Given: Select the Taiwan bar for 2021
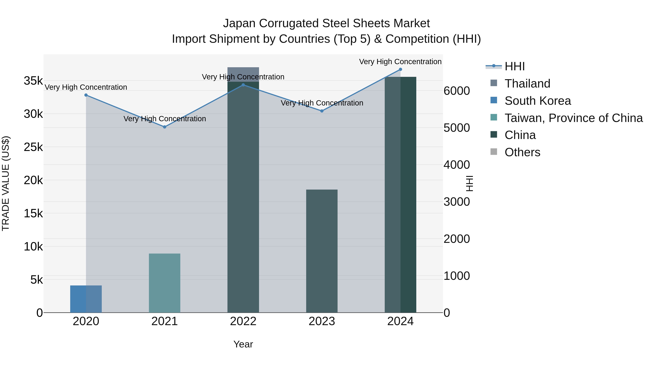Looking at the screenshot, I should click(165, 283).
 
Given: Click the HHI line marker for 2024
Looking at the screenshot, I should click(401, 69).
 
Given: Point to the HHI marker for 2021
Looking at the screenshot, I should click(165, 127).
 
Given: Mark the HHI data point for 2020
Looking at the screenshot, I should click(86, 95).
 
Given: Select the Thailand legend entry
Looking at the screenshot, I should click(527, 84).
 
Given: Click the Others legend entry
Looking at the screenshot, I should click(522, 152).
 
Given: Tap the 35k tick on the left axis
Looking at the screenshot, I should click(33, 81).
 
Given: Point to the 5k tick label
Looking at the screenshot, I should click(36, 280).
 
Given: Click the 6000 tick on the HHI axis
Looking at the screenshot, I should click(457, 91).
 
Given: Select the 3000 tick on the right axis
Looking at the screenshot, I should click(457, 202).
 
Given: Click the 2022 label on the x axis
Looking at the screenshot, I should click(243, 321).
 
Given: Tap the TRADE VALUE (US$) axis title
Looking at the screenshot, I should click(6, 183).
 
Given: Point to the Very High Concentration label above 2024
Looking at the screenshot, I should click(400, 62).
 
